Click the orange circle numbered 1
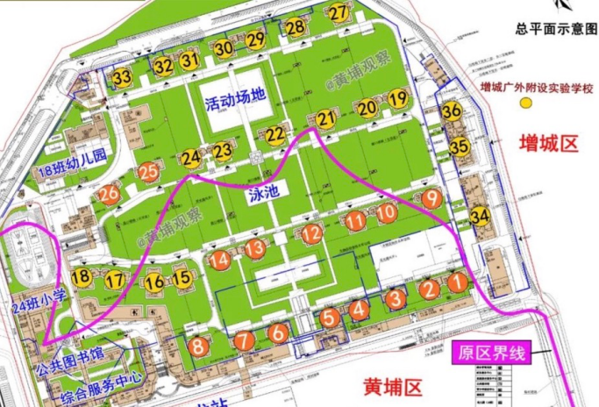pos(457,282)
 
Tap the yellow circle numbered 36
pos(452,111)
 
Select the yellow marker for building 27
pos(339,12)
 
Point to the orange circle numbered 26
pos(109,195)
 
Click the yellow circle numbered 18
pos(82,278)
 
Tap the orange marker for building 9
pos(431,198)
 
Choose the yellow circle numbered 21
pos(327,119)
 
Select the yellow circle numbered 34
pos(480,216)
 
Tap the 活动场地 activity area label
pos(234,102)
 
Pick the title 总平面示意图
pos(556,29)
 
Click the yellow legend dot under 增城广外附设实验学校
pos(527,104)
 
